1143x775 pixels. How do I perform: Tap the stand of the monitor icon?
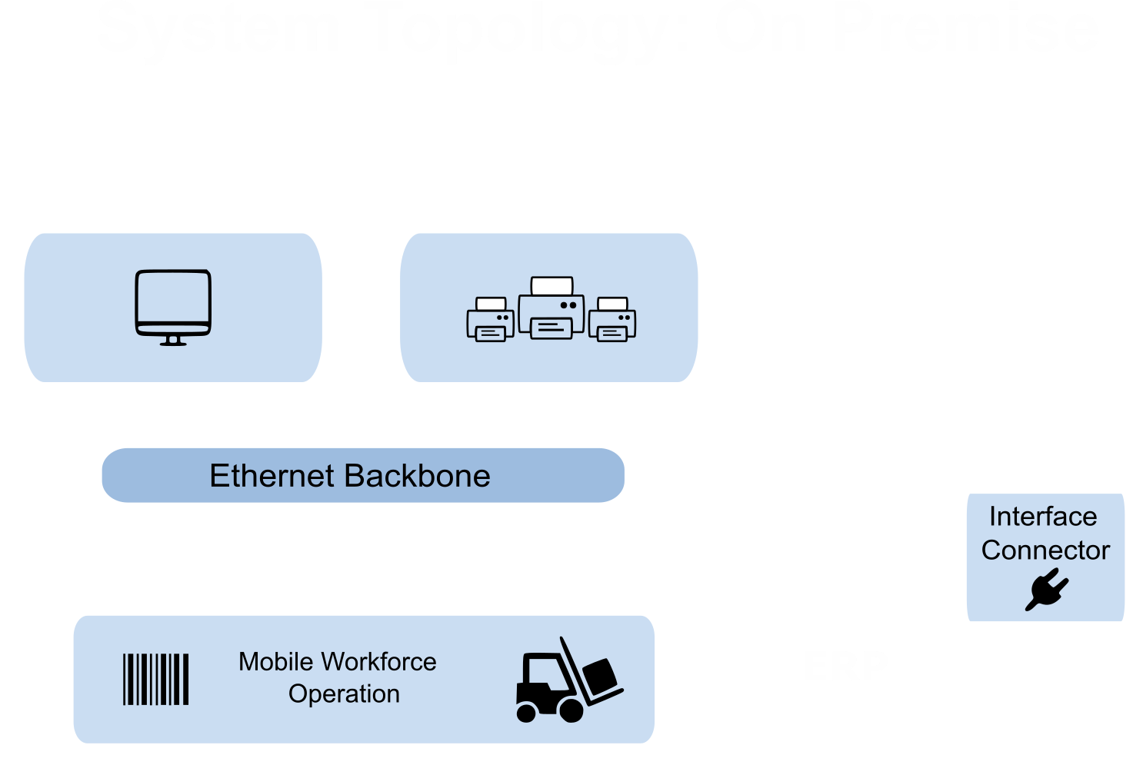point(173,340)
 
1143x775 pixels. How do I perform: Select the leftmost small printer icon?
point(490,320)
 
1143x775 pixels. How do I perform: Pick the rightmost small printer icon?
point(612,320)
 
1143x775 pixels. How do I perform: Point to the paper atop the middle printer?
point(552,285)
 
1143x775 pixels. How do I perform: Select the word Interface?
point(1043,517)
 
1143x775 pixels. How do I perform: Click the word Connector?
point(1045,550)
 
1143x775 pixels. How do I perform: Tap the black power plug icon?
point(1046,590)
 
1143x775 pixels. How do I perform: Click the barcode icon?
point(156,679)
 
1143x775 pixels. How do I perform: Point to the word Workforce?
point(379,662)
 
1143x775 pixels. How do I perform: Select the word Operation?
point(344,694)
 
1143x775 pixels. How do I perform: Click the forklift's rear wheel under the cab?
point(526,713)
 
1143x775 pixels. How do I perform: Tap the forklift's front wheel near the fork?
point(571,710)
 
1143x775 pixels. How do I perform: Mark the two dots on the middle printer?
point(568,305)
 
